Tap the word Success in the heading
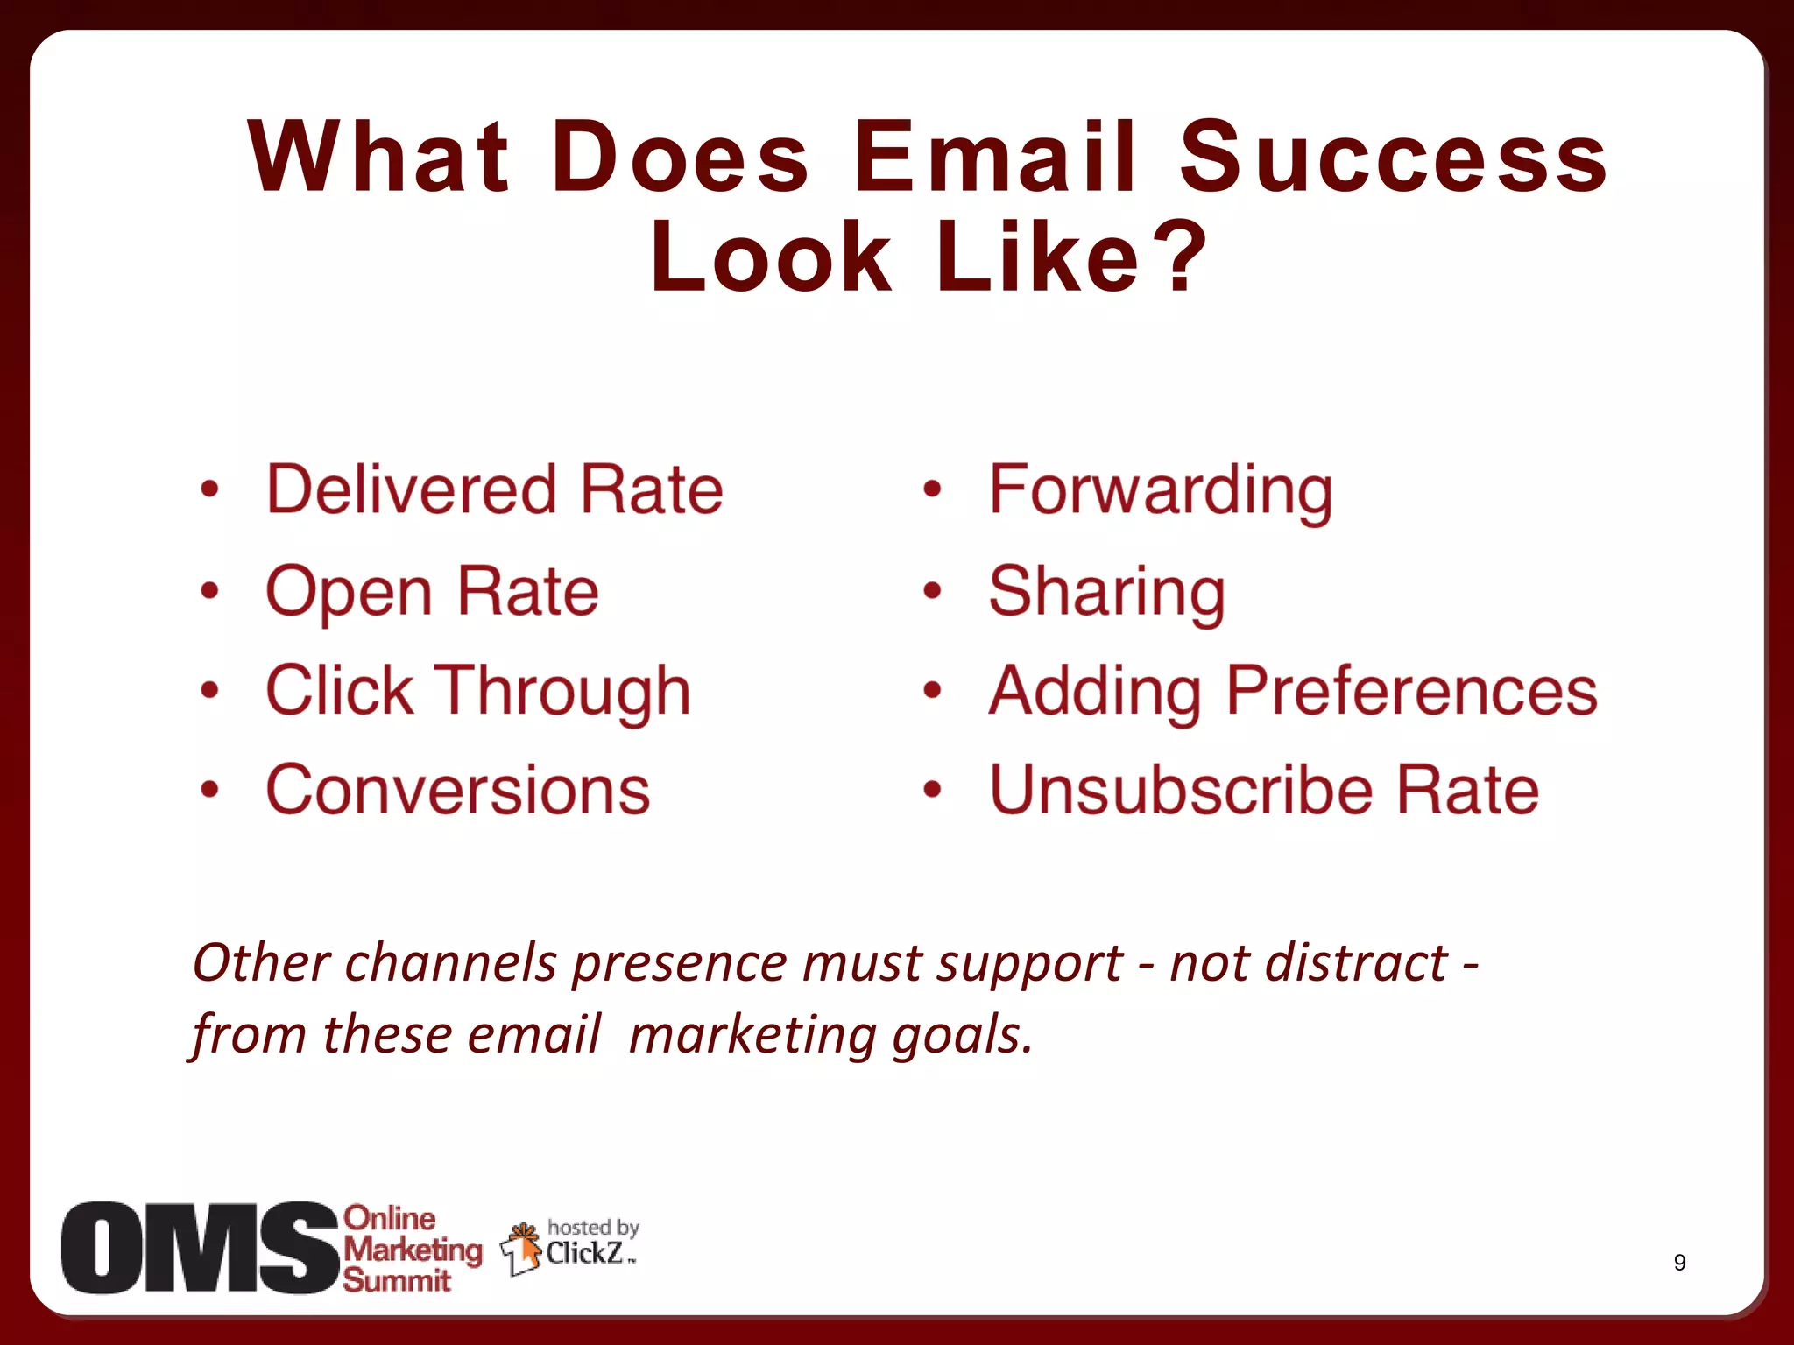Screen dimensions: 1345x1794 [1393, 158]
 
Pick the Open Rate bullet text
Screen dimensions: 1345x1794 [432, 591]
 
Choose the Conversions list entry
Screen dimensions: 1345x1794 [458, 790]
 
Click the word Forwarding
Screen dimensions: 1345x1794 [1161, 490]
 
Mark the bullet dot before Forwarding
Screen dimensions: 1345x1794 [932, 489]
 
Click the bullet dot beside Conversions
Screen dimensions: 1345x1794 [209, 790]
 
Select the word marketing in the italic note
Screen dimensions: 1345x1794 [752, 1035]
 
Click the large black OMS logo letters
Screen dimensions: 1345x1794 [199, 1248]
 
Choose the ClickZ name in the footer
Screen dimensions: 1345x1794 [585, 1253]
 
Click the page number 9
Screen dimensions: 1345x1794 [1679, 1263]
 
